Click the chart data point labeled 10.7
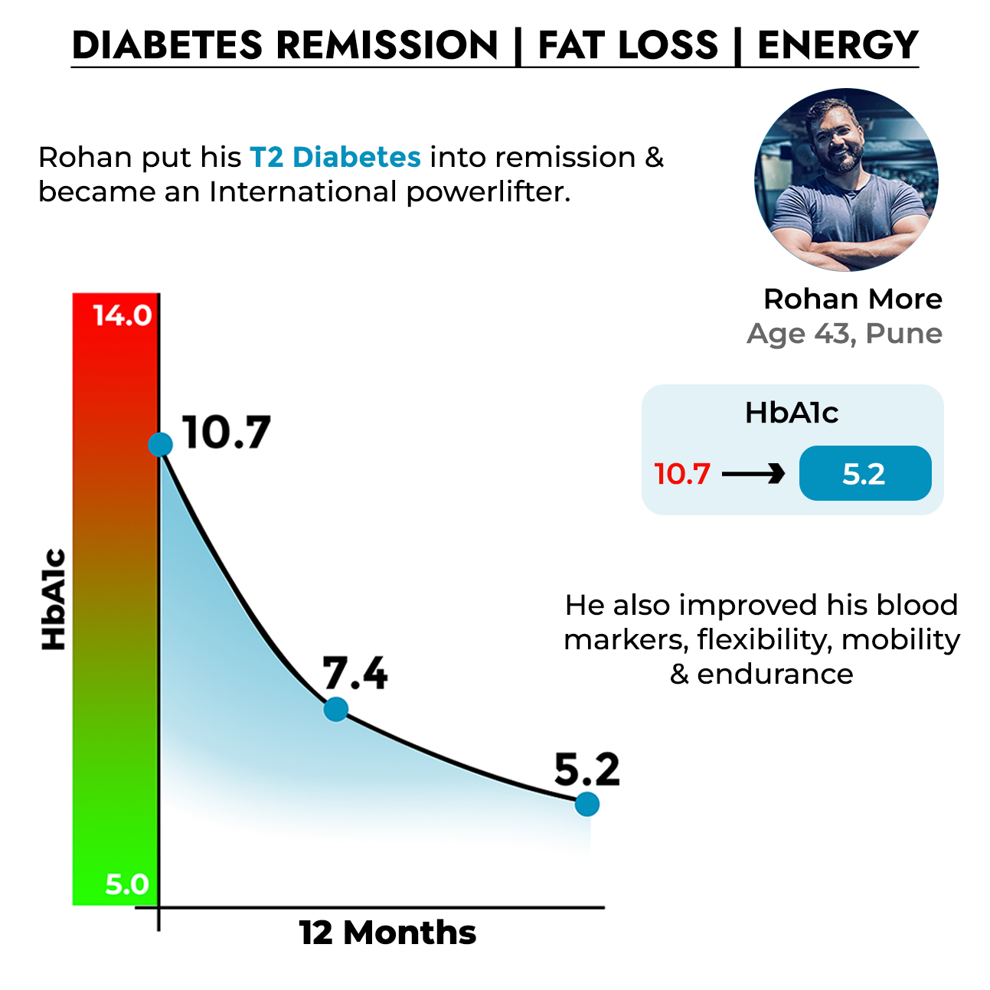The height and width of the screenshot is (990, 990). coord(160,444)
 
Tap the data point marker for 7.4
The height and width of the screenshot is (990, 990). coord(335,709)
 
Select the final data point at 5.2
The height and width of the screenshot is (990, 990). coord(586,804)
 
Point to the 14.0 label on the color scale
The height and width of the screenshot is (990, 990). coord(123,315)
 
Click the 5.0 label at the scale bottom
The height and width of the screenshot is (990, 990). coord(127,884)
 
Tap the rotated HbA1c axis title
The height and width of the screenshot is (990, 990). coord(54,600)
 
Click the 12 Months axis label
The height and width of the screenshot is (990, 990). coord(387,933)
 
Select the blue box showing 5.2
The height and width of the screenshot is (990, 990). coord(864,474)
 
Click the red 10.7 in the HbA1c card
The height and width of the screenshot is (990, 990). coord(682,474)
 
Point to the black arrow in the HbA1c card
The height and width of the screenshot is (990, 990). coord(753,474)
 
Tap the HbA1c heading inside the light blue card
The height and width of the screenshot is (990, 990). coord(792,413)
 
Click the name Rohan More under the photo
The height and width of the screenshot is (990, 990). coord(852,299)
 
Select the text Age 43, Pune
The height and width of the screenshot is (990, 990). coord(845,334)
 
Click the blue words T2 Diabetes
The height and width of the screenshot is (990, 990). coord(335,157)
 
